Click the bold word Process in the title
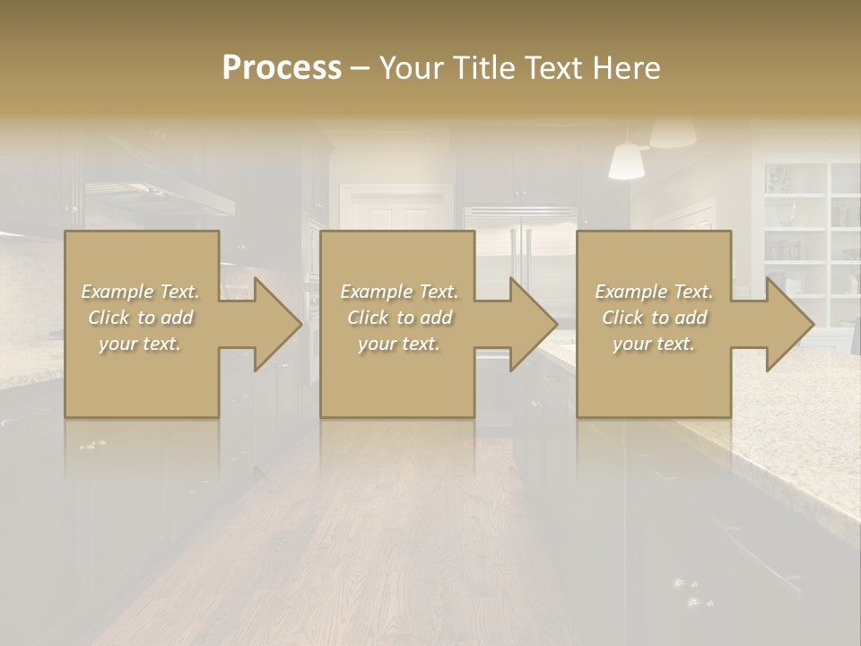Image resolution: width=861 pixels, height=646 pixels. pos(282,68)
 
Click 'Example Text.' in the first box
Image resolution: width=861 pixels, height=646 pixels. pos(140,292)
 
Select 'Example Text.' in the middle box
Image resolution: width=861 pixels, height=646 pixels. pos(399,292)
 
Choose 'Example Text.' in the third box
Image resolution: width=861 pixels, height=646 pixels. pos(654,292)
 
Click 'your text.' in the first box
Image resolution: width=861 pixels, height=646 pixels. pos(140,344)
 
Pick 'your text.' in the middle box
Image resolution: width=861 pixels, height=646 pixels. pos(399,344)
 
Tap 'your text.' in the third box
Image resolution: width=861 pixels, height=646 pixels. pos(654,344)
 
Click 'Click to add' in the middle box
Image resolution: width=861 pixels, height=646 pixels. pos(399,318)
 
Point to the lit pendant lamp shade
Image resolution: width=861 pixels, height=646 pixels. pos(627,161)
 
